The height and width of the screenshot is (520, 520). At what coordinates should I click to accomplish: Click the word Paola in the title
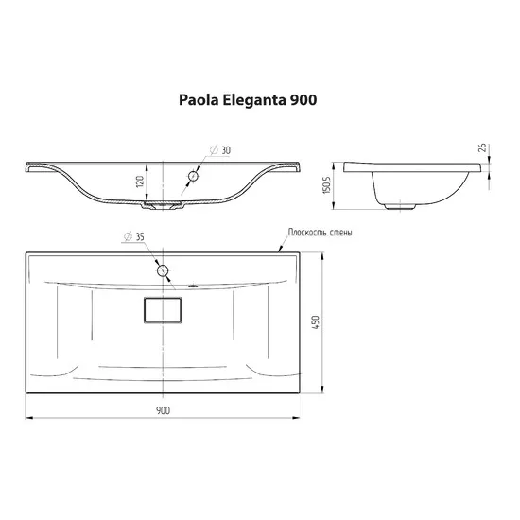click(199, 100)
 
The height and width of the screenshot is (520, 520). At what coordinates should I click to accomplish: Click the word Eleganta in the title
click(254, 101)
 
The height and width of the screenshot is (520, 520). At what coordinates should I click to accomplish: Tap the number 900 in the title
click(303, 100)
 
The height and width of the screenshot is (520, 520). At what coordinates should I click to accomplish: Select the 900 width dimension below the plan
click(163, 410)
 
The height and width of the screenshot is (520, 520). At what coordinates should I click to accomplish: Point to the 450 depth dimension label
click(316, 322)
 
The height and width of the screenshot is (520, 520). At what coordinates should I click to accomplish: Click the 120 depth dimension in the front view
click(140, 182)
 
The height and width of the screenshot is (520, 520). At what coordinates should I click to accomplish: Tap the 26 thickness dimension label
click(482, 147)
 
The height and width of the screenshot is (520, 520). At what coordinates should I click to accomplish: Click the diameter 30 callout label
click(220, 150)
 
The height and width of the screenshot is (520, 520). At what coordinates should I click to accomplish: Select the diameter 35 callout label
click(134, 236)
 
